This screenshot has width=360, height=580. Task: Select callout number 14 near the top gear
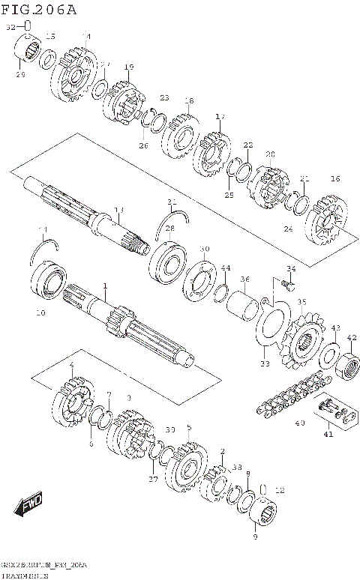(x=85, y=37)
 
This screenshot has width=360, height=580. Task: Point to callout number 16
(x=335, y=178)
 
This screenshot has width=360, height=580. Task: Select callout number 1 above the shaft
(x=106, y=286)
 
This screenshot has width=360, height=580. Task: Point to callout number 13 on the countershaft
(x=118, y=210)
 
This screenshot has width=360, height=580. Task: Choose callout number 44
(x=225, y=268)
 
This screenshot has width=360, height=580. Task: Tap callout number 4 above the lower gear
(x=71, y=365)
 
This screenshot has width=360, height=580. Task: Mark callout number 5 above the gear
(x=188, y=427)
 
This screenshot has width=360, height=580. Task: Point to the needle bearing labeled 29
(x=30, y=53)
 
